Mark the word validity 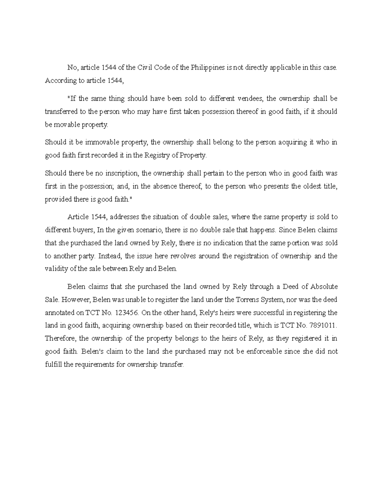[56, 269]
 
